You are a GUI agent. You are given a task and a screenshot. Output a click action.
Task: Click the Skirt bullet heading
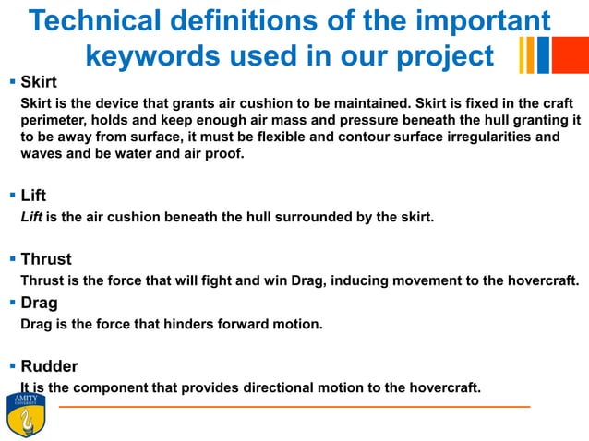(38, 82)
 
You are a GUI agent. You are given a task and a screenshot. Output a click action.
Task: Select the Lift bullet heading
(33, 196)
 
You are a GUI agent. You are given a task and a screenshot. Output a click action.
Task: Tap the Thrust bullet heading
(45, 259)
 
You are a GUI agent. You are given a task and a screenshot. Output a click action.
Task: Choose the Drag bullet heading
(39, 303)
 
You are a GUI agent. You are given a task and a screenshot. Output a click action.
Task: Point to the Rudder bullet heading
(49, 366)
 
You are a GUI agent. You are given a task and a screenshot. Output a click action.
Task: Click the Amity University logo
(25, 414)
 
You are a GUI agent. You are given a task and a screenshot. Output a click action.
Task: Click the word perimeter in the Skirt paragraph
(54, 119)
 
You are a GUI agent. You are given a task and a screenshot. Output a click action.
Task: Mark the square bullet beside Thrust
(11, 259)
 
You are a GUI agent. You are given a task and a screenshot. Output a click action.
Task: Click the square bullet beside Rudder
(11, 366)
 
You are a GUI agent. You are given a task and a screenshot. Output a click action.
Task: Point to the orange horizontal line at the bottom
(295, 407)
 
